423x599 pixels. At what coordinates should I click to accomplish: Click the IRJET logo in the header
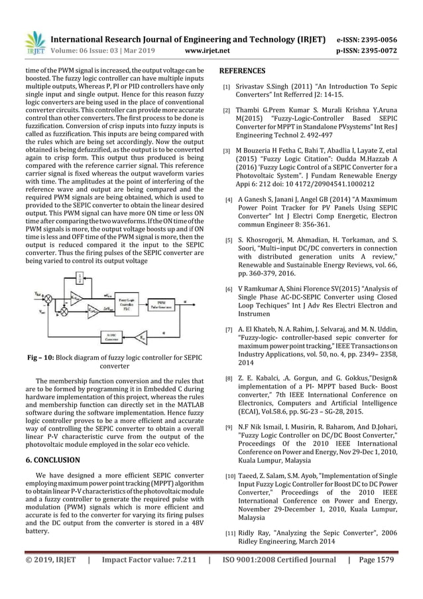pyautogui.click(x=34, y=42)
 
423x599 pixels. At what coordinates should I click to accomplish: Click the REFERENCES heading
pyautogui.click(x=242, y=71)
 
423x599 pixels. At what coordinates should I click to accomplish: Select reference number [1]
pyautogui.click(x=227, y=86)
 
